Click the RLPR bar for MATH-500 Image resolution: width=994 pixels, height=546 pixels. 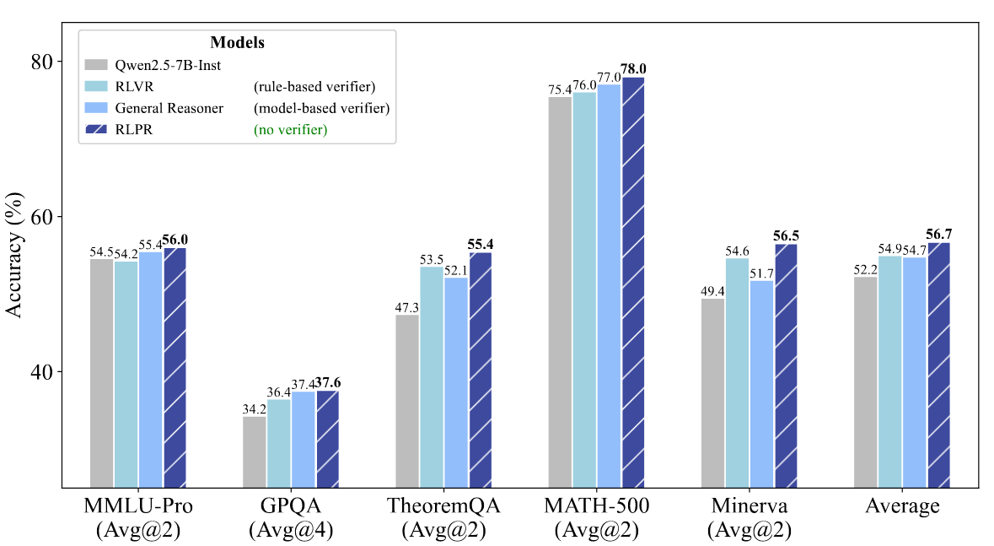(x=634, y=282)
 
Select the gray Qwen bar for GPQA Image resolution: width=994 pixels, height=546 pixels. (x=254, y=451)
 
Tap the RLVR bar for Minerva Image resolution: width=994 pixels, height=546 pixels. (x=737, y=372)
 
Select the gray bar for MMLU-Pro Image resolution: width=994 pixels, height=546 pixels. (x=101, y=372)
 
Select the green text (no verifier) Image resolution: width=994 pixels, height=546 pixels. (x=290, y=130)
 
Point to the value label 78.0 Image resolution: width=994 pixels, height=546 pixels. (x=634, y=69)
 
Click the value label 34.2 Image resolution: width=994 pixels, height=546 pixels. (x=254, y=408)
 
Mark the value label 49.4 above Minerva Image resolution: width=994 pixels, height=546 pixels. (x=712, y=291)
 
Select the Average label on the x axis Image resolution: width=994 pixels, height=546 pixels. (x=903, y=507)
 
